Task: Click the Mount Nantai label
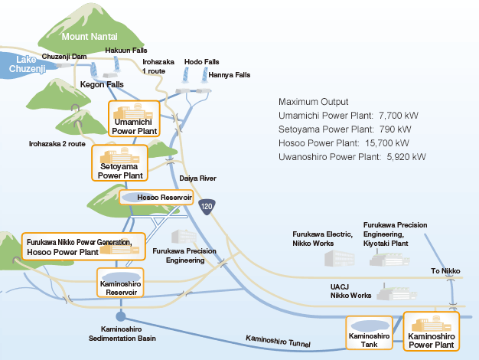click(90, 36)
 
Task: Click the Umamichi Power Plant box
click(135, 119)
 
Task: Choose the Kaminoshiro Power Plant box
click(432, 330)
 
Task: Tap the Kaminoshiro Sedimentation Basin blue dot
click(120, 316)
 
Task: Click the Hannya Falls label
click(230, 75)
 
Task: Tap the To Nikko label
click(445, 271)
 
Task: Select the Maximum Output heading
click(313, 102)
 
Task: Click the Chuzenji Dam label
click(64, 56)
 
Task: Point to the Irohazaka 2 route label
click(57, 143)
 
